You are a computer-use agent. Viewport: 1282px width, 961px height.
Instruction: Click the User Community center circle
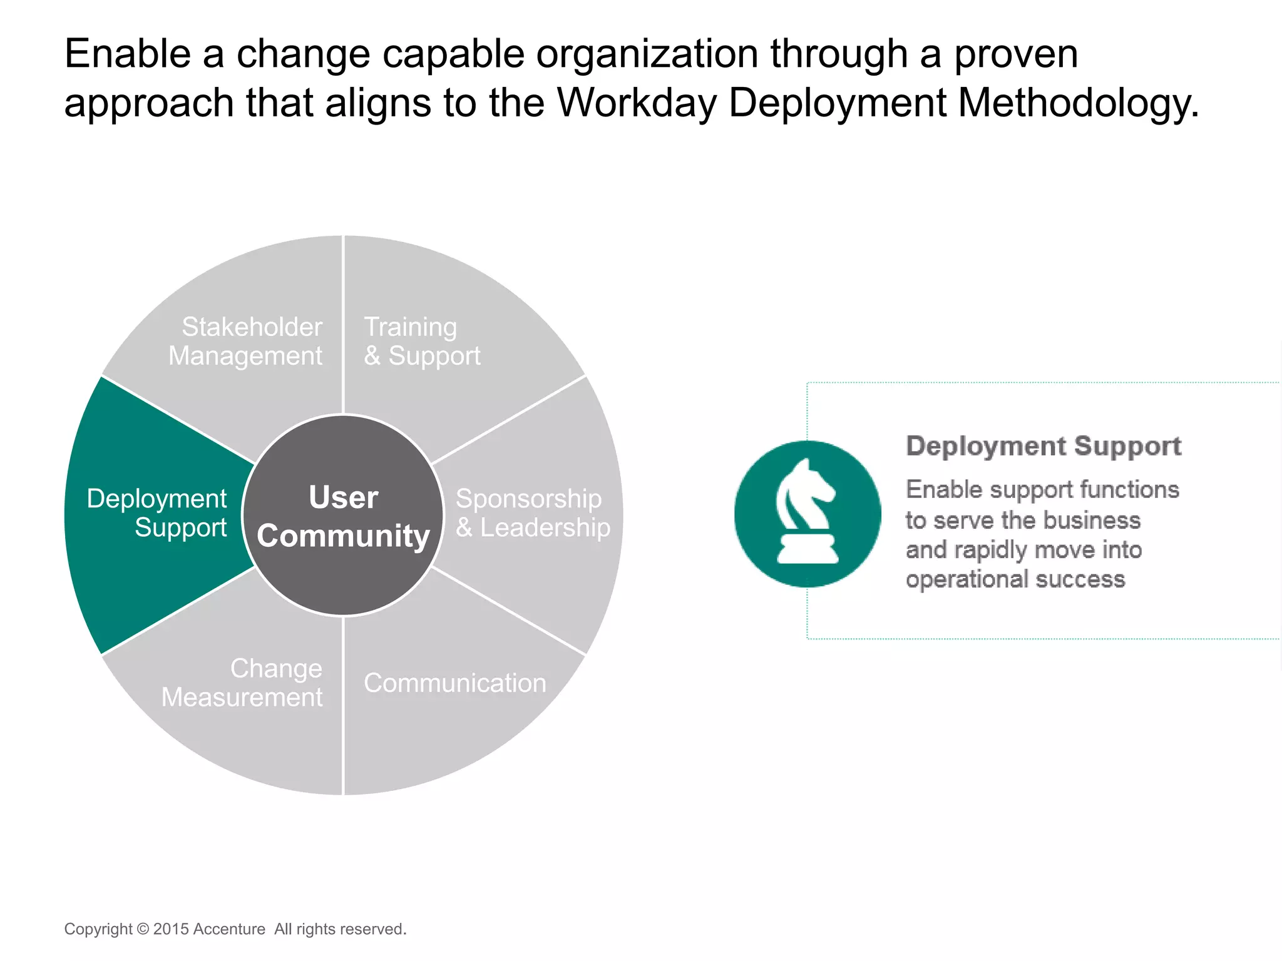click(343, 516)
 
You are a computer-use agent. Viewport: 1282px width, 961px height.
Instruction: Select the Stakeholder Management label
click(246, 341)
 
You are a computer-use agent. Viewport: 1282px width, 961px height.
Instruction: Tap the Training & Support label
click(422, 341)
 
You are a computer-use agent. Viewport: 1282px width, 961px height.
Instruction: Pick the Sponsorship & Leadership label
click(532, 513)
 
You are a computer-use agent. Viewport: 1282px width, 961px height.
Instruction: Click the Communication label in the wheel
click(455, 683)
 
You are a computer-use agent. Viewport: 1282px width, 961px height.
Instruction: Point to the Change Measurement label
click(243, 683)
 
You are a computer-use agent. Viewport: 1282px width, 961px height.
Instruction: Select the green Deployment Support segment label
click(156, 513)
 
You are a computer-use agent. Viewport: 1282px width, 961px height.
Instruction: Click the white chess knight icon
click(807, 513)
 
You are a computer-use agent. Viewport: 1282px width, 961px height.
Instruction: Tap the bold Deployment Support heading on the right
click(1044, 446)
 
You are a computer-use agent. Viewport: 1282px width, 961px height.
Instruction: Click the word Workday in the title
click(637, 103)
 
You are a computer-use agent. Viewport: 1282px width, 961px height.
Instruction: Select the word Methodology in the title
click(1079, 103)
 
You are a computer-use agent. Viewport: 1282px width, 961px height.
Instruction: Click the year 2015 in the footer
click(172, 929)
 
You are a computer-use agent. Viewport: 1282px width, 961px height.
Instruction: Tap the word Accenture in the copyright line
click(229, 929)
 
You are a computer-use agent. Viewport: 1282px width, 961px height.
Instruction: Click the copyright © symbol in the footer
click(143, 929)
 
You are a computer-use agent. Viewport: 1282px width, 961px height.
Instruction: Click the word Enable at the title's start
click(128, 54)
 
